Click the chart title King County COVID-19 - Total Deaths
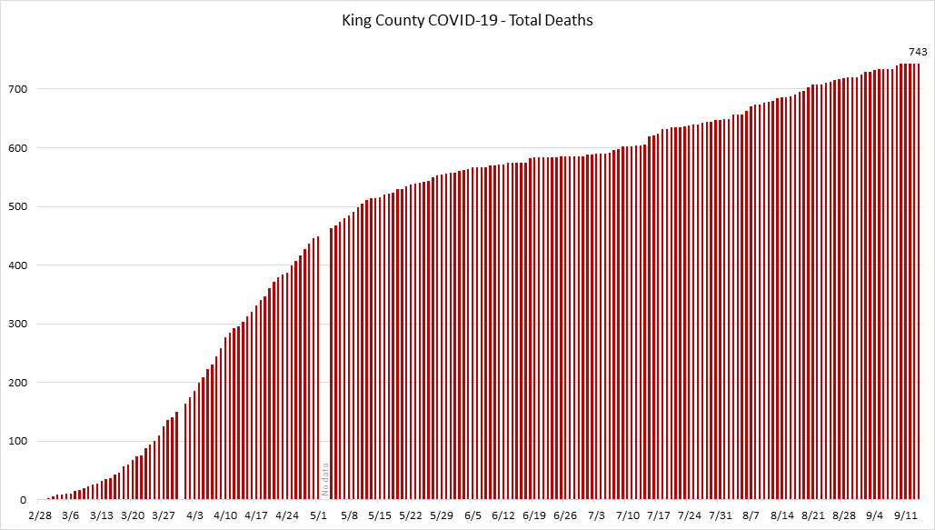(468, 19)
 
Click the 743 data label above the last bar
(918, 52)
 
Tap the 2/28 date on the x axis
(40, 515)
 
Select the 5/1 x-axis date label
(319, 515)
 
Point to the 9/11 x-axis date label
(904, 515)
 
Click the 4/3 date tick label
(194, 515)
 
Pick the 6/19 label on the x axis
(534, 515)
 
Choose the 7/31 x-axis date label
(721, 515)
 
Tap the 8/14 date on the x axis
(782, 515)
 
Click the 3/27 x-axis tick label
(164, 515)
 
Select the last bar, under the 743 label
(918, 282)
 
